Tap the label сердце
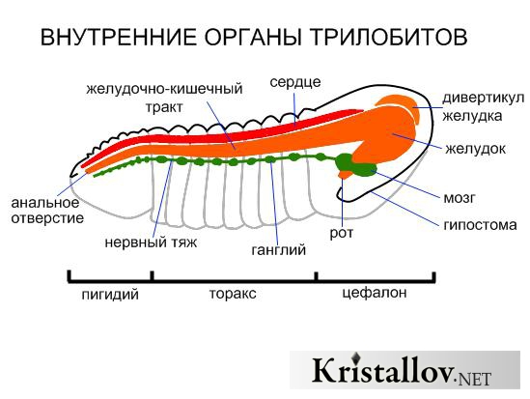pos(295,82)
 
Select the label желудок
pos(475,149)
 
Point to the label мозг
pos(459,198)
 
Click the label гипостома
pos(480,225)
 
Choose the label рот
pos(342,234)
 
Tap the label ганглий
pos(279,250)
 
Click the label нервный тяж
pos(151,242)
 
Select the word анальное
pos(45,203)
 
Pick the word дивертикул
pos(483,99)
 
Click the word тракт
pos(164,107)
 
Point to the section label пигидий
pos(110,294)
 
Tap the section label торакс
pos(233,294)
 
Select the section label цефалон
pos(375,293)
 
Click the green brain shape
pos(355,166)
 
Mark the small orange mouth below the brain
pos(345,175)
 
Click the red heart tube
pos(223,129)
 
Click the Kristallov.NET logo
pos(404,370)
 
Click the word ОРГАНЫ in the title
pos(253,37)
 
